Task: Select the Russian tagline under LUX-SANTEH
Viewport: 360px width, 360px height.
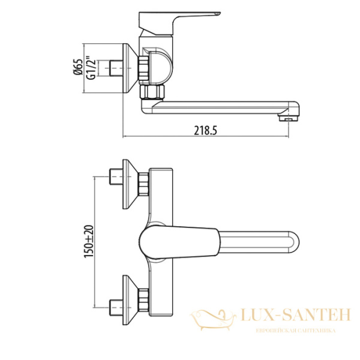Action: pyautogui.click(x=295, y=331)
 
